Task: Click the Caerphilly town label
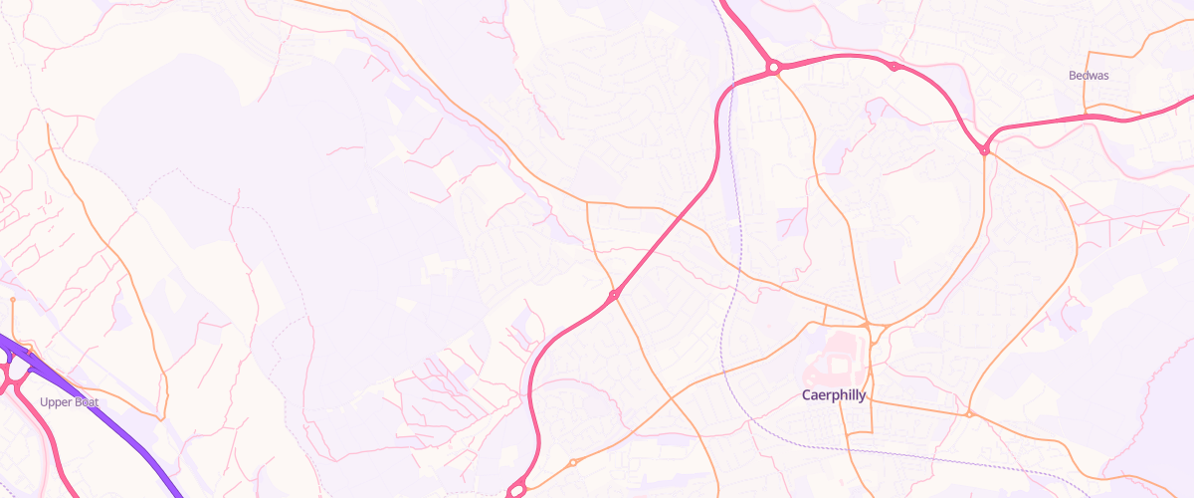(834, 395)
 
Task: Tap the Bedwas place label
(1089, 76)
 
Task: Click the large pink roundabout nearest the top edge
(772, 68)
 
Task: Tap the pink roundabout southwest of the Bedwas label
(984, 150)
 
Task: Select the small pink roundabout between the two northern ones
(894, 67)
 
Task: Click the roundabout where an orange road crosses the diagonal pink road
(614, 294)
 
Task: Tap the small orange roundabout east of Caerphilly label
(968, 413)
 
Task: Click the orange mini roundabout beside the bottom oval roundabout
(573, 463)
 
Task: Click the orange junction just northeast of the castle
(868, 326)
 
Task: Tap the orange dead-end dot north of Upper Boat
(13, 299)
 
